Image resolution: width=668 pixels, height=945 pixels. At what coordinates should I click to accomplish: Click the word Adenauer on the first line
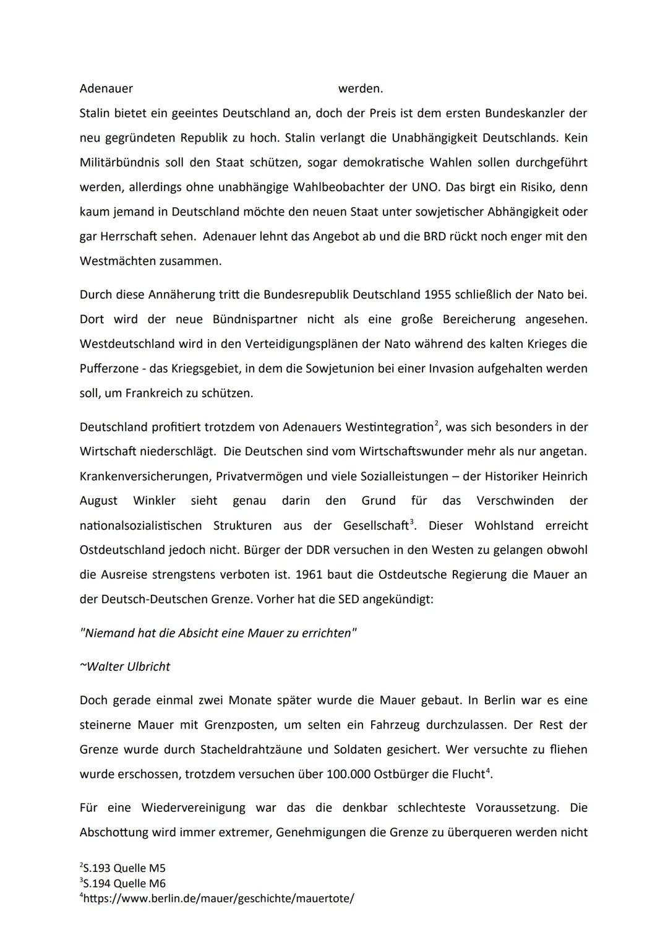click(x=106, y=88)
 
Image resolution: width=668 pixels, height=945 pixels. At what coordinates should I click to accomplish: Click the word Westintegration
click(x=389, y=427)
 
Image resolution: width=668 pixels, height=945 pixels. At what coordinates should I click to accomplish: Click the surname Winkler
click(x=154, y=501)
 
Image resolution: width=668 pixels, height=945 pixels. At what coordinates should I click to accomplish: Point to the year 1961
click(x=309, y=574)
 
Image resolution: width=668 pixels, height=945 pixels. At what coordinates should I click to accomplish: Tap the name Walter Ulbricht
click(x=128, y=667)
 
